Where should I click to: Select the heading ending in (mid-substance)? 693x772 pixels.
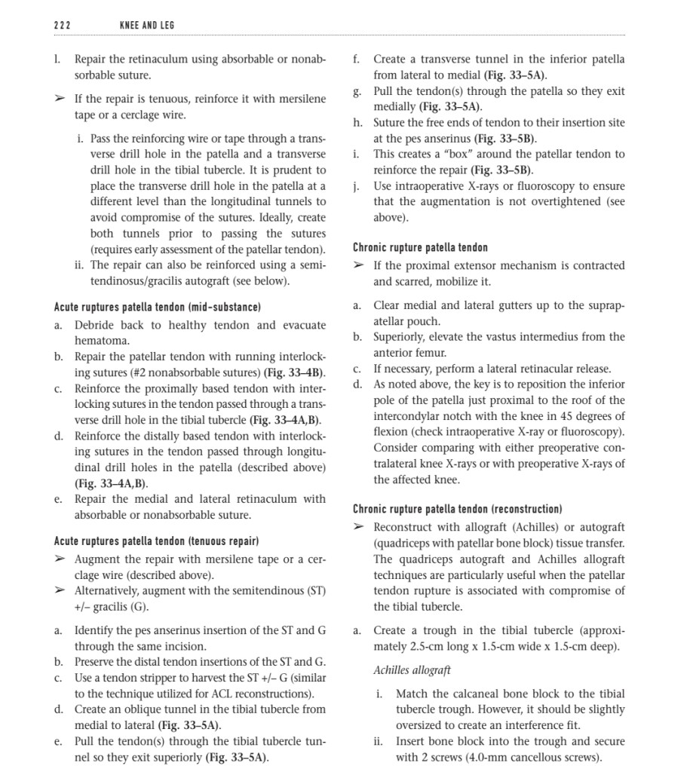click(157, 307)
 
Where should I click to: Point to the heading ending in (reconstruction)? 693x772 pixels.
click(457, 509)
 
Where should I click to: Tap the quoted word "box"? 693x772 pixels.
click(443, 154)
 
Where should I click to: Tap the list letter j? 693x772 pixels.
click(355, 186)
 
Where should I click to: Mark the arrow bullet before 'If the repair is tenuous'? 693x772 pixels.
click(60, 99)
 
